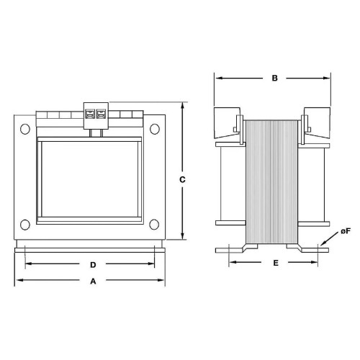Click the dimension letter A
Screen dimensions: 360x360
point(91,282)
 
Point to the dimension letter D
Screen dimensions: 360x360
point(93,264)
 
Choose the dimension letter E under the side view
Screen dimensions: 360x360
point(274,264)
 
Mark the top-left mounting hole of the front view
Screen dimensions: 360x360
point(25,129)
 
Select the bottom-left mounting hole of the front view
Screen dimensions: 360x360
point(25,223)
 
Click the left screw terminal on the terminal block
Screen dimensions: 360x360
point(90,114)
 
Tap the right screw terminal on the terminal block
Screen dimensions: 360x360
point(100,114)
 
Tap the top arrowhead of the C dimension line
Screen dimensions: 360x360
point(183,105)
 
